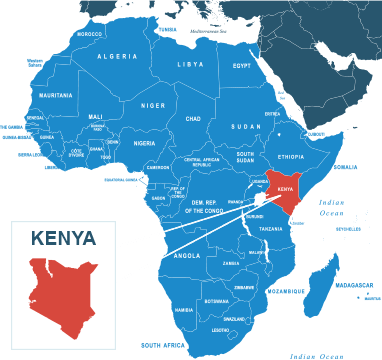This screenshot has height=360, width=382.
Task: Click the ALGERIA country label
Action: [x=117, y=57]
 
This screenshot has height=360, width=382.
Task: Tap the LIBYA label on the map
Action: [x=190, y=64]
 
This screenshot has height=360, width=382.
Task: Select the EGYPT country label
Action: [x=242, y=66]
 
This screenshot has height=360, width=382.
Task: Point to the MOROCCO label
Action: [x=89, y=34]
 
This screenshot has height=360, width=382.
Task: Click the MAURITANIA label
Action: [x=56, y=95]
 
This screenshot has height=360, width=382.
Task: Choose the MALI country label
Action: [x=96, y=117]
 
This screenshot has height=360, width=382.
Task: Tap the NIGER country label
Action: [x=153, y=105]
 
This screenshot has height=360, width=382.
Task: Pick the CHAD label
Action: [x=193, y=118]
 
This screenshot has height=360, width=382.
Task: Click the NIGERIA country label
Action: [x=145, y=143]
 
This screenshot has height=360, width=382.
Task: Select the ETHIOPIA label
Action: [x=291, y=157]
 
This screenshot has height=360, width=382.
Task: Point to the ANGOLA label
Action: [x=187, y=255]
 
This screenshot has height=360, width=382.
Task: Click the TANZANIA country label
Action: [x=271, y=229]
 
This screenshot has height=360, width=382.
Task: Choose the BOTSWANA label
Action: [x=216, y=301]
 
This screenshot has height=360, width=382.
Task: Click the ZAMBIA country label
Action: [x=231, y=263]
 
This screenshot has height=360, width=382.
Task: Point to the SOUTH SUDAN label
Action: [x=245, y=157]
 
